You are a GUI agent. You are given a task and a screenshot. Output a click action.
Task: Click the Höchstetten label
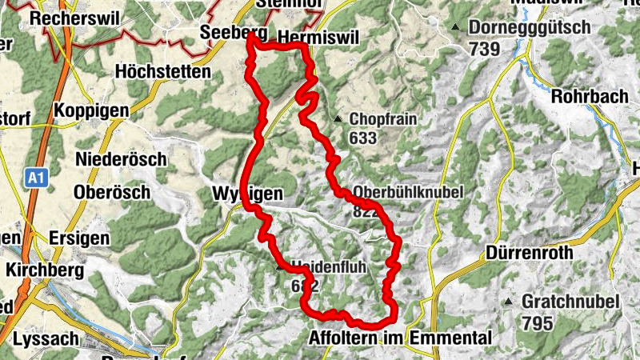163,72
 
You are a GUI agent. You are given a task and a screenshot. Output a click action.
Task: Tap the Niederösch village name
121,158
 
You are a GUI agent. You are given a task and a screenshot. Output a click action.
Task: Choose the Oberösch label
111,193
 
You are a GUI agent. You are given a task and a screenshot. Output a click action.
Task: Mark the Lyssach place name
46,339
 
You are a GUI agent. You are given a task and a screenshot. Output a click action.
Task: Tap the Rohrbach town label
590,96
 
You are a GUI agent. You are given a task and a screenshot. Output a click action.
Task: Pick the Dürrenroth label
530,254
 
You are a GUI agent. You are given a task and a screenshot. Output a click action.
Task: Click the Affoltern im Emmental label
398,338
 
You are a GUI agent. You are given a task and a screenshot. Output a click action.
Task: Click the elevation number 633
362,138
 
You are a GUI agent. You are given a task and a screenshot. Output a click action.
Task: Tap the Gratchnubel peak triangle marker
510,302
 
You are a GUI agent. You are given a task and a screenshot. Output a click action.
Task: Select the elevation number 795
538,323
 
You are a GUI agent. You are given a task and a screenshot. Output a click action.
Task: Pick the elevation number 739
484,49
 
